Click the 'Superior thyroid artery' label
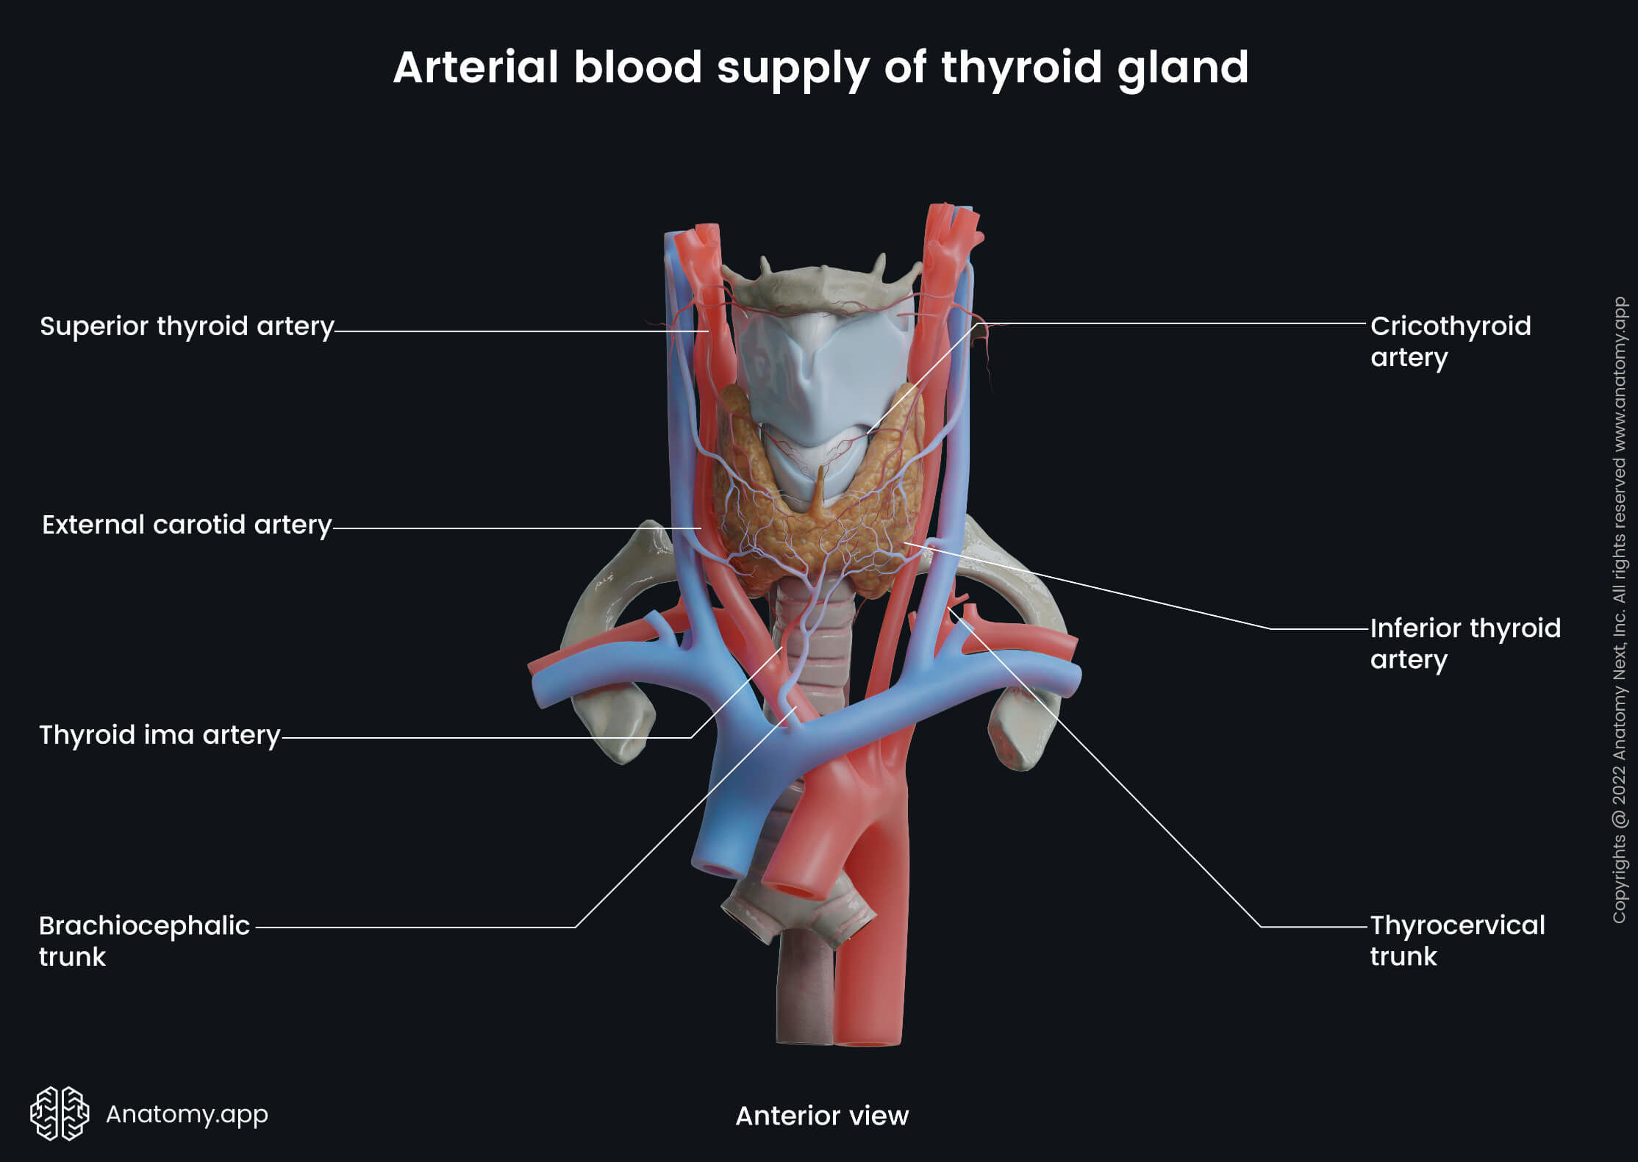pos(187,326)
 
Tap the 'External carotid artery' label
pos(187,525)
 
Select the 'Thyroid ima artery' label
pos(160,735)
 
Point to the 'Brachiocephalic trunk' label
pos(144,941)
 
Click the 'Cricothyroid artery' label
pos(1450,341)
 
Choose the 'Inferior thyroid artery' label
pos(1464,644)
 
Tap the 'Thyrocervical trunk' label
pos(1457,941)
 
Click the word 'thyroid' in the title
pos(1021,68)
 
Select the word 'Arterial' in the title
pos(476,68)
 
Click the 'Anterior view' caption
pos(822,1116)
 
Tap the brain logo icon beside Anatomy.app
pos(60,1113)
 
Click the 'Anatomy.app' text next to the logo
pos(187,1114)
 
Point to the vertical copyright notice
pos(1620,610)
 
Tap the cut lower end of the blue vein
pos(717,867)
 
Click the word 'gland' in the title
pos(1182,68)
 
